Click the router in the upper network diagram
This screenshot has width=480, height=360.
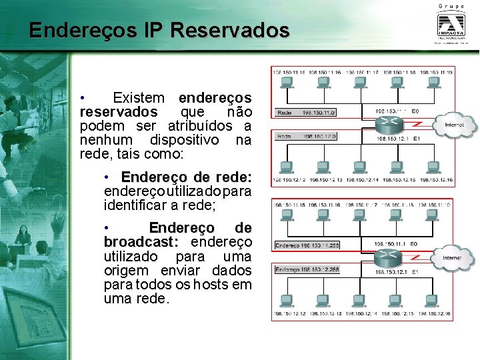[388, 125]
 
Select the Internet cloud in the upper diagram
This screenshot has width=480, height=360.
[453, 124]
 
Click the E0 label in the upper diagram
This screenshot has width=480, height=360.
[415, 111]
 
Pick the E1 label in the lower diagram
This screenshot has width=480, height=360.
[415, 272]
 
